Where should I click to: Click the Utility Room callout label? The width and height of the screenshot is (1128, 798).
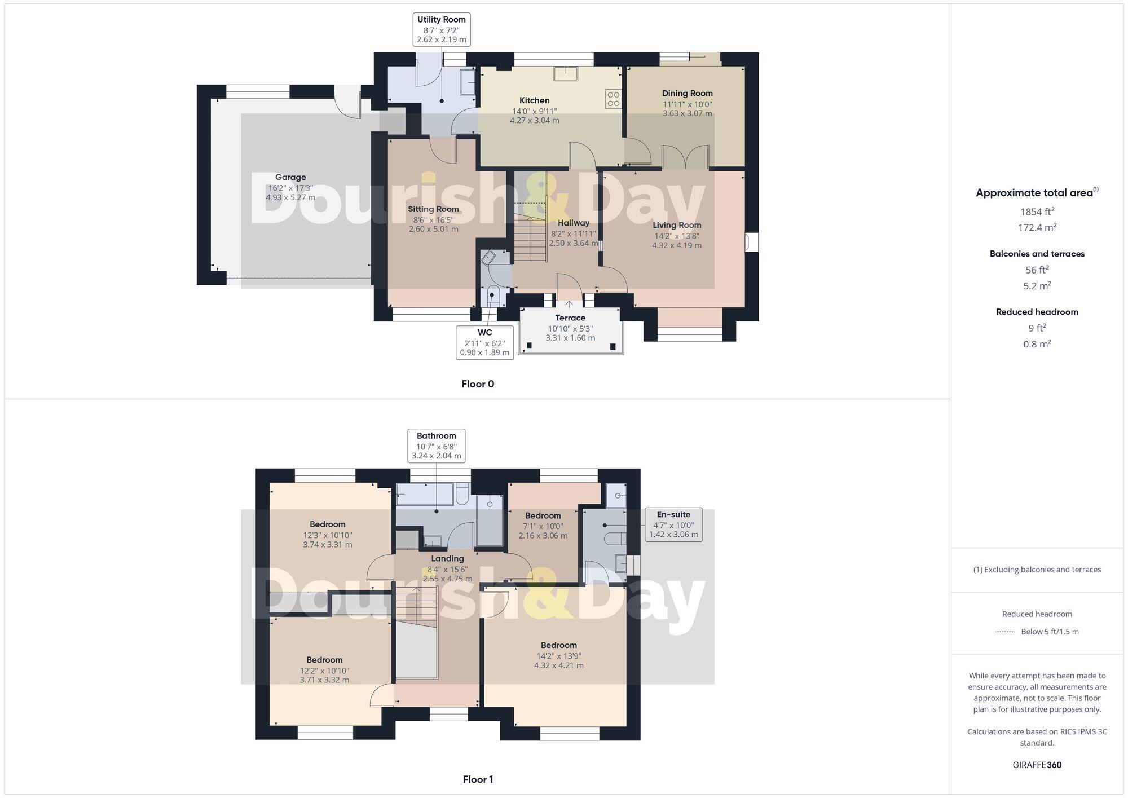[441, 29]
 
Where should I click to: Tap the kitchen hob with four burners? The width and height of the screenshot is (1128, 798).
[613, 99]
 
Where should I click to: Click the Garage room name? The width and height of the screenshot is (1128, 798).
[290, 177]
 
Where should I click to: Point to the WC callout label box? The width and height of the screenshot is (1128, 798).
[484, 342]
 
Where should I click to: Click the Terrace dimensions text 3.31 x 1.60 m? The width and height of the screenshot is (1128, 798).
[570, 338]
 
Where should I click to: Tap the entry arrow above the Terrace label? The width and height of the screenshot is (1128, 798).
[569, 305]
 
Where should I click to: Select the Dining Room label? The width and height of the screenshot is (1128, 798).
[687, 94]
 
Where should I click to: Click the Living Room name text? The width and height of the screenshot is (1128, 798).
[677, 225]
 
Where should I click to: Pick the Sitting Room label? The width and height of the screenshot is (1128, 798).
[433, 209]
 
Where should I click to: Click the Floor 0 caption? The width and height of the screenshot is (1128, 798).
[478, 384]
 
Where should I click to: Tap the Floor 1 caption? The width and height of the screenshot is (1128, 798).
[478, 779]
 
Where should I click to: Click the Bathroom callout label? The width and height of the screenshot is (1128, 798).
[437, 446]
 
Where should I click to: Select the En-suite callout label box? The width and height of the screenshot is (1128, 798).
[673, 524]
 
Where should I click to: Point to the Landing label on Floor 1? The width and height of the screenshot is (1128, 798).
[447, 559]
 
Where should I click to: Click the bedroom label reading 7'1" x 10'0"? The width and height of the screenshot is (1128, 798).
[543, 526]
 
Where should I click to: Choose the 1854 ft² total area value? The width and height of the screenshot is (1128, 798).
[1037, 212]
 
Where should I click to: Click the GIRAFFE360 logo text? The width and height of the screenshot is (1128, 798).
[1037, 765]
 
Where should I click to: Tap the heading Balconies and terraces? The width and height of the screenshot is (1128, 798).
[1037, 254]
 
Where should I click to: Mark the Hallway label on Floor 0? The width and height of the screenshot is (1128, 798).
[574, 223]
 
